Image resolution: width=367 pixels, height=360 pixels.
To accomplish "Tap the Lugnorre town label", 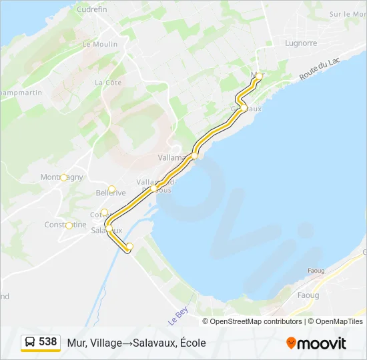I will coord(301,43).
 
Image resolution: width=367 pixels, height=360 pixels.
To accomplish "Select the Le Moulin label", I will coord(99,44).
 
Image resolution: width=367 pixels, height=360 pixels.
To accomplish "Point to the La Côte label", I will coord(108,83).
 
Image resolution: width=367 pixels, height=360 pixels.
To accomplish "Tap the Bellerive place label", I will coord(111,193).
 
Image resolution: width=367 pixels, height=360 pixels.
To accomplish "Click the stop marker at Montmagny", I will coord(64,177).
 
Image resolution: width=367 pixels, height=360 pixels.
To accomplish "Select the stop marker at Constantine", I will coord(69,225).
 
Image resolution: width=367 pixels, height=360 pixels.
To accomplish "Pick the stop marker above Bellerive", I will coord(112,189).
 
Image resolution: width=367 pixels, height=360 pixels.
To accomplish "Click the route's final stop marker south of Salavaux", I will coord(129,247).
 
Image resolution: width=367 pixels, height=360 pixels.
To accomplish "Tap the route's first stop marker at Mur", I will coord(259,76).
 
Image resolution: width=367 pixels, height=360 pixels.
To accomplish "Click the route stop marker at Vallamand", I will coord(195,156).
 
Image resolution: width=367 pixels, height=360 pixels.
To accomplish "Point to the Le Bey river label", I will coord(176,314).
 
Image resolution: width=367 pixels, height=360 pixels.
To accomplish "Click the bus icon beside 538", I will coord(30,342).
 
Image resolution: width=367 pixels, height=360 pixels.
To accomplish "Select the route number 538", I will coord(48,341).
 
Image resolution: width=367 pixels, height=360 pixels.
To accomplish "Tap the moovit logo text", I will coord(322,343).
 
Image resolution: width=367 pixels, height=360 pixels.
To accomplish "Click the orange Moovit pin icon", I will coord(291,343).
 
